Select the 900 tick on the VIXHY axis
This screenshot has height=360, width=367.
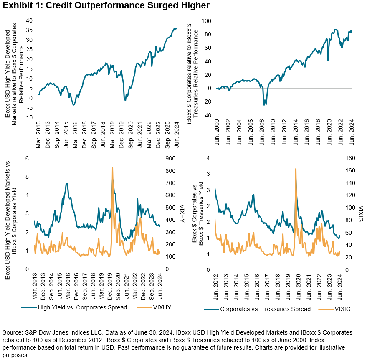[x=170, y=158]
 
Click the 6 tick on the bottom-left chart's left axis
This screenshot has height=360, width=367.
[x=28, y=158]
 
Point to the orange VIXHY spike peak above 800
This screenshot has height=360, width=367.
[x=112, y=167]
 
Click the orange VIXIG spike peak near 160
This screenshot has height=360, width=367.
[x=295, y=169]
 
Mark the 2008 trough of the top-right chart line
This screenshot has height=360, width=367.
[x=264, y=104]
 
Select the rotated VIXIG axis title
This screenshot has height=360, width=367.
[x=359, y=213]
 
